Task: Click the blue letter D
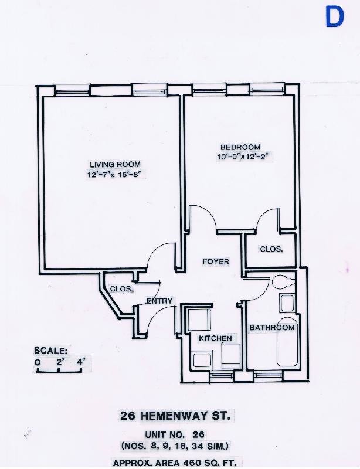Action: pyautogui.click(x=335, y=17)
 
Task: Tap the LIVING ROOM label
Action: pyautogui.click(x=115, y=164)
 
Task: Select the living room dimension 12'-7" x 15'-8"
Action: pyautogui.click(x=115, y=174)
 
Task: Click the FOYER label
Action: pyautogui.click(x=216, y=261)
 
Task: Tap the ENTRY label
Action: pyautogui.click(x=159, y=301)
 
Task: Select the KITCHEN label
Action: pyautogui.click(x=215, y=338)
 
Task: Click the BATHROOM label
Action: pyautogui.click(x=272, y=327)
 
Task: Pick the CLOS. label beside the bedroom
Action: pyautogui.click(x=271, y=249)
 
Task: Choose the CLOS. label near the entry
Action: pyautogui.click(x=121, y=288)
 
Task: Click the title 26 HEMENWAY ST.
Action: pyautogui.click(x=179, y=416)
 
